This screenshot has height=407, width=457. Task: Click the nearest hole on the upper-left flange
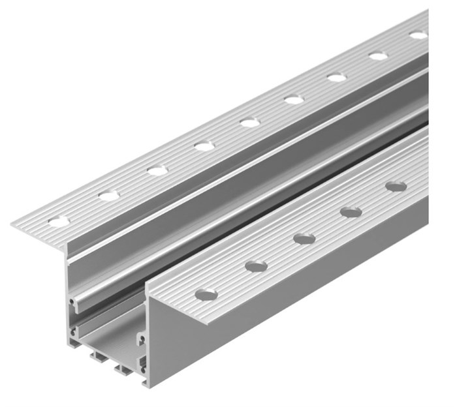(59, 222)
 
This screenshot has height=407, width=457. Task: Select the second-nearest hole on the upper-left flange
(109, 195)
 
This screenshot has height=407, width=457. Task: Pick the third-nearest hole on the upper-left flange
(157, 170)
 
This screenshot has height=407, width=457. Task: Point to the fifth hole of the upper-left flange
(249, 122)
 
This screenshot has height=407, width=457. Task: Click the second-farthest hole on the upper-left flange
(378, 56)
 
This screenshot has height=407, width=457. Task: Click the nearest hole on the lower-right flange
(206, 295)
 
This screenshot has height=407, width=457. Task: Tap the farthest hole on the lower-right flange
(396, 187)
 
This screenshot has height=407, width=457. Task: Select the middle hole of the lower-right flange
(304, 239)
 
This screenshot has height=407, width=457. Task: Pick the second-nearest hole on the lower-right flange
(256, 266)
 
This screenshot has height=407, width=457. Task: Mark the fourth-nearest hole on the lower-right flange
(351, 212)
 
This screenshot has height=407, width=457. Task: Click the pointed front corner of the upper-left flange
(13, 226)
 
